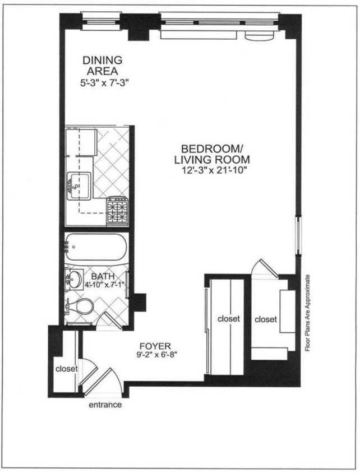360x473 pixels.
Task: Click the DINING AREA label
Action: (103, 66)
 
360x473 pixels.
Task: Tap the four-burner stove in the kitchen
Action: (118, 211)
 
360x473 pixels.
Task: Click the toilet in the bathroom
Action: (82, 306)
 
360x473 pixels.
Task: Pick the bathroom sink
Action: (74, 279)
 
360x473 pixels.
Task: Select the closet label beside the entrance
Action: (66, 369)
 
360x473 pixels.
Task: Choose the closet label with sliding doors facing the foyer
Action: (228, 319)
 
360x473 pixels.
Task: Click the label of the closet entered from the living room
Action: (265, 319)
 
